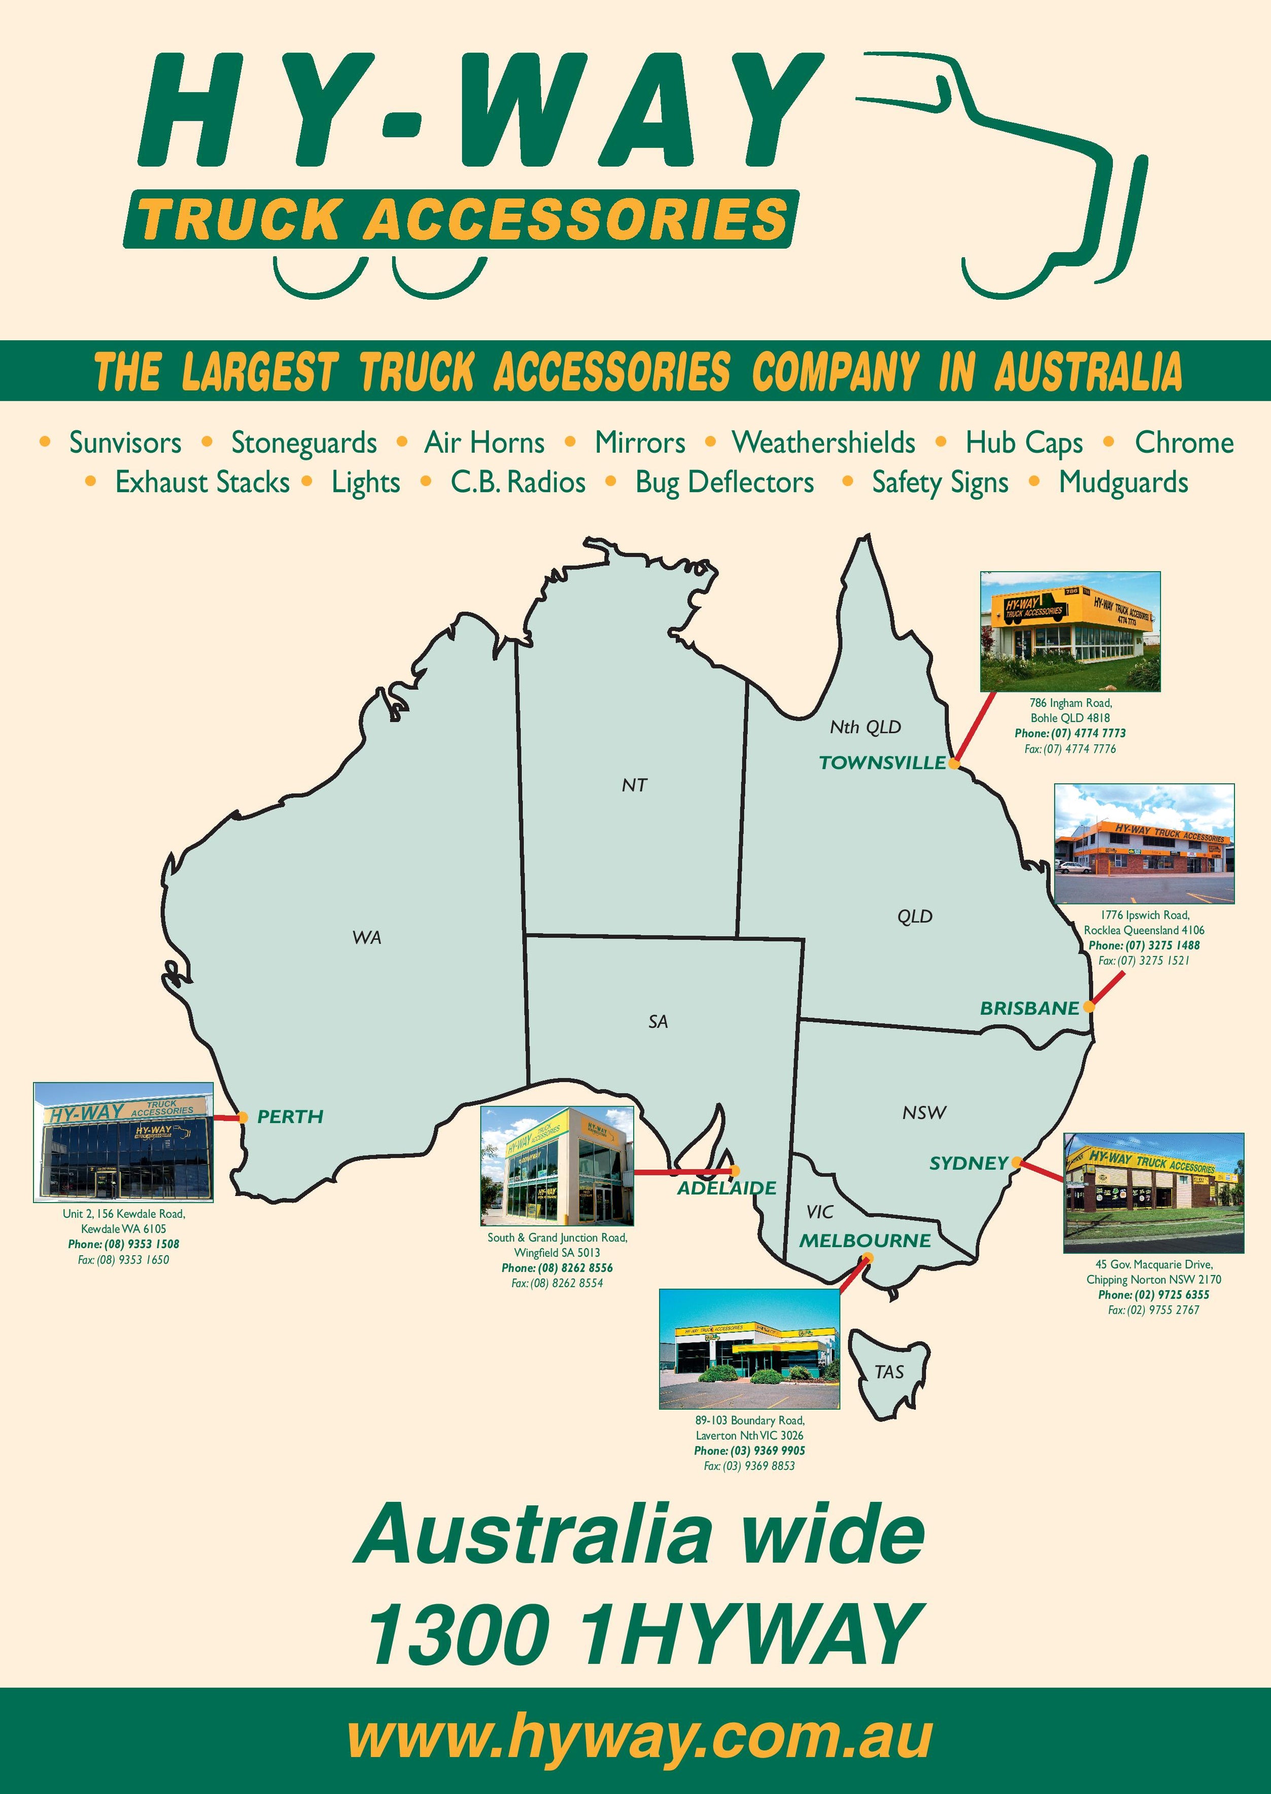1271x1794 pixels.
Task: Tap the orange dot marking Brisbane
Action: [1089, 1008]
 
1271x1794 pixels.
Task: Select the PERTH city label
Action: [290, 1116]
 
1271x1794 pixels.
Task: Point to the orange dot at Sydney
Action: [1016, 1162]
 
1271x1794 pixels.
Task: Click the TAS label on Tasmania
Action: [889, 1371]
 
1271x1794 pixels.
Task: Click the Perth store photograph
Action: [123, 1142]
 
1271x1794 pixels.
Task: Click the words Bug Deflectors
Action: [724, 483]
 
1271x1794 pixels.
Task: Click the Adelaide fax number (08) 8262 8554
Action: [557, 1283]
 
